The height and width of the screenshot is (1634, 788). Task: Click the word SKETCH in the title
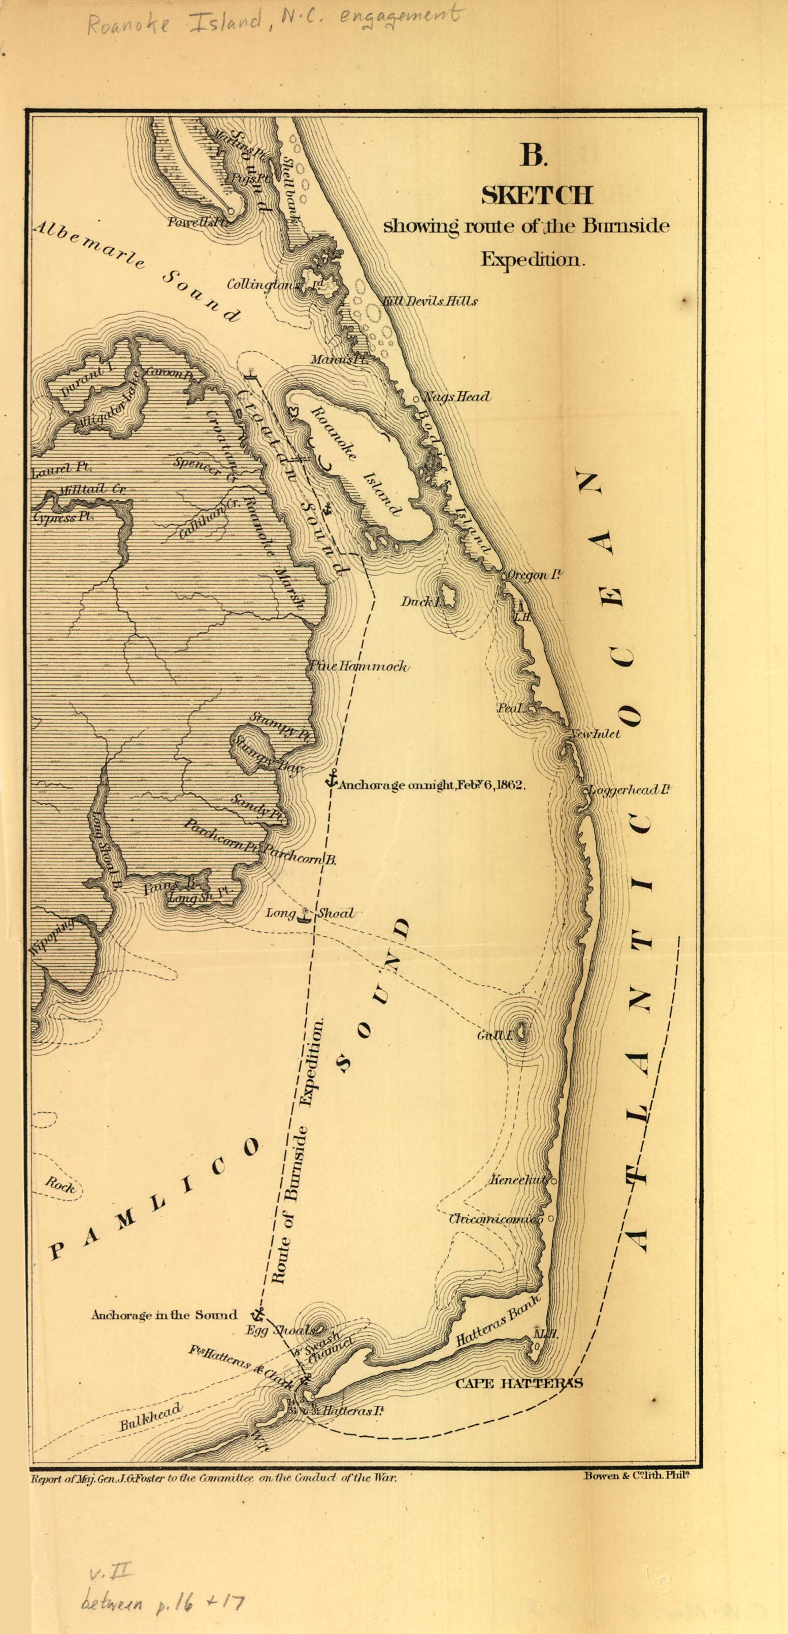[x=536, y=195]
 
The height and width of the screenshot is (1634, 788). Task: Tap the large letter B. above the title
[x=534, y=155]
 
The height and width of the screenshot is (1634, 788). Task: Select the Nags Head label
[x=456, y=397]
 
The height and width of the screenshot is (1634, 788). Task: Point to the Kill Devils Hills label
[x=430, y=301]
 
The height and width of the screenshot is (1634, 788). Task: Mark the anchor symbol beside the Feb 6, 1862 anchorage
[x=331, y=779]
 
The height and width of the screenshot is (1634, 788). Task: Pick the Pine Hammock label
[x=359, y=667]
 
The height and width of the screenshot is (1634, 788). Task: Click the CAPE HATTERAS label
[x=519, y=1383]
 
